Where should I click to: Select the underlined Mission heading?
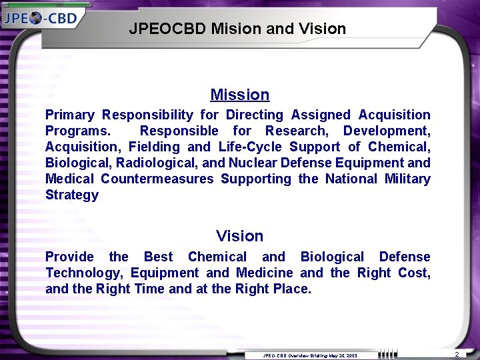(x=240, y=95)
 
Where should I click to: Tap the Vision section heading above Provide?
(x=240, y=236)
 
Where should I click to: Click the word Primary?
(x=69, y=115)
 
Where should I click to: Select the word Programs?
(x=78, y=131)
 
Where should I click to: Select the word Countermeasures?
(x=157, y=179)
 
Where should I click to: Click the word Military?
(x=407, y=179)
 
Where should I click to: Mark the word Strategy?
(x=72, y=195)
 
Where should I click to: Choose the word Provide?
(x=69, y=257)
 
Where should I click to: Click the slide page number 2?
(x=457, y=354)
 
